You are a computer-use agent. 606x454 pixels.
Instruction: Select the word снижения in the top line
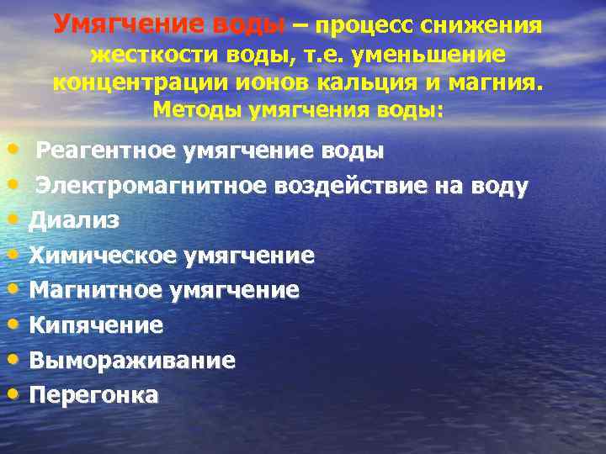coord(488,26)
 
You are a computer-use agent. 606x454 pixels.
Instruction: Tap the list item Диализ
coord(74,220)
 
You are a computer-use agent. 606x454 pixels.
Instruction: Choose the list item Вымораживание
coord(132,360)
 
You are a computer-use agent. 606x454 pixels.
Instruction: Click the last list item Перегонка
coord(93,394)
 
